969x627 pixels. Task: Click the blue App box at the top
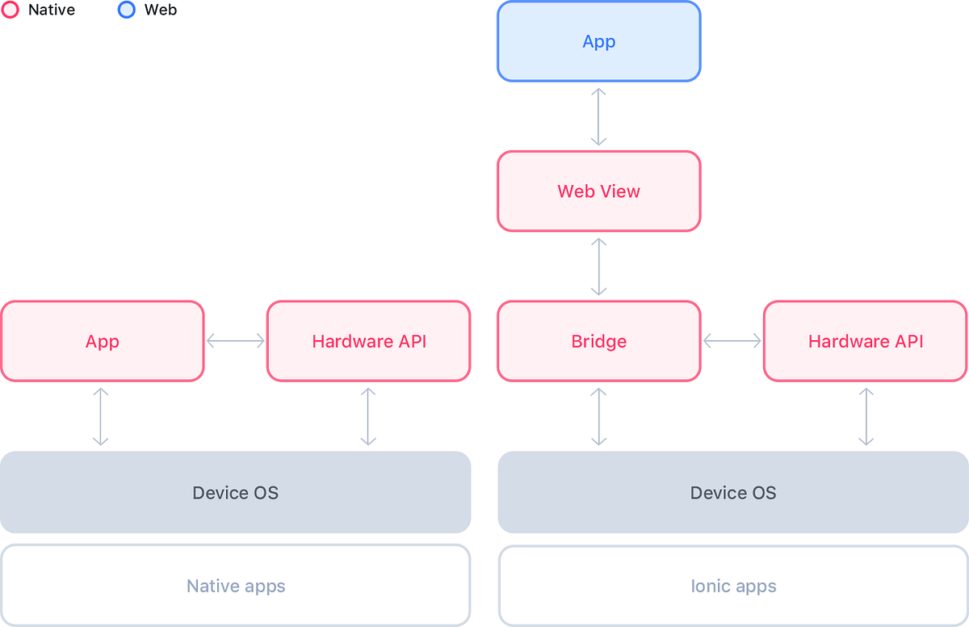click(598, 41)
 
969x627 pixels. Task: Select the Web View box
click(598, 191)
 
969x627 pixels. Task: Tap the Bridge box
click(598, 341)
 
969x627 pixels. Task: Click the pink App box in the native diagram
click(102, 341)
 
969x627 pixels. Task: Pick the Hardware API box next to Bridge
click(865, 341)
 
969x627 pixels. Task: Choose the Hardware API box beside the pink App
click(368, 341)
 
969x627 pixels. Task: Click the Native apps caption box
click(235, 586)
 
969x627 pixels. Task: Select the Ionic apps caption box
click(732, 586)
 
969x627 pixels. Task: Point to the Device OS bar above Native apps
click(235, 492)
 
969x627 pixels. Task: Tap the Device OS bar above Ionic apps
click(732, 492)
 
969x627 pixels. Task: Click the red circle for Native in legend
click(10, 11)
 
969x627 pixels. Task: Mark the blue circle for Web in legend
click(126, 11)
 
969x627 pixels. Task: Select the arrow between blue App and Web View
click(598, 116)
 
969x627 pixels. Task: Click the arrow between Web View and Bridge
click(598, 266)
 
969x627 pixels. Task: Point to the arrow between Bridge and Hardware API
click(732, 341)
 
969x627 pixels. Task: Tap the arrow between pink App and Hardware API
click(235, 341)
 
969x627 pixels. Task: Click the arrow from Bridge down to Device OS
click(598, 416)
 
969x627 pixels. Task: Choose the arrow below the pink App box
click(100, 416)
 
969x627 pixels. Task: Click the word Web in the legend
click(160, 11)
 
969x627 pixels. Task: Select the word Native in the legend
click(51, 11)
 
